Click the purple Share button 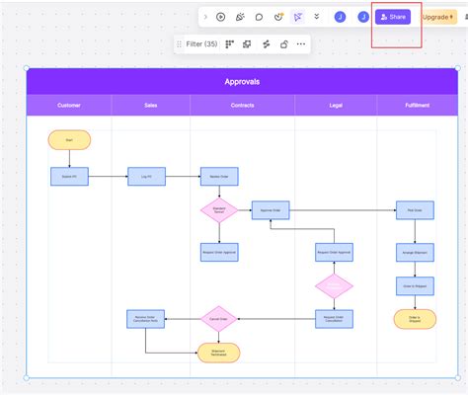[393, 17]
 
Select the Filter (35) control [201, 43]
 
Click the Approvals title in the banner [241, 81]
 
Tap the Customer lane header [69, 105]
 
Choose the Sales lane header [150, 105]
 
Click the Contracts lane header [242, 105]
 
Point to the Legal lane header [334, 105]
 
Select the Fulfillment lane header [417, 105]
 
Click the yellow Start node [69, 140]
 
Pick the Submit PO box [69, 177]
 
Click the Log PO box [146, 177]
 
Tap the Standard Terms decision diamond [219, 210]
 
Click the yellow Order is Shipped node [415, 318]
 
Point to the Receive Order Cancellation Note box [146, 318]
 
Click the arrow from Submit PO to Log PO [108, 177]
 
